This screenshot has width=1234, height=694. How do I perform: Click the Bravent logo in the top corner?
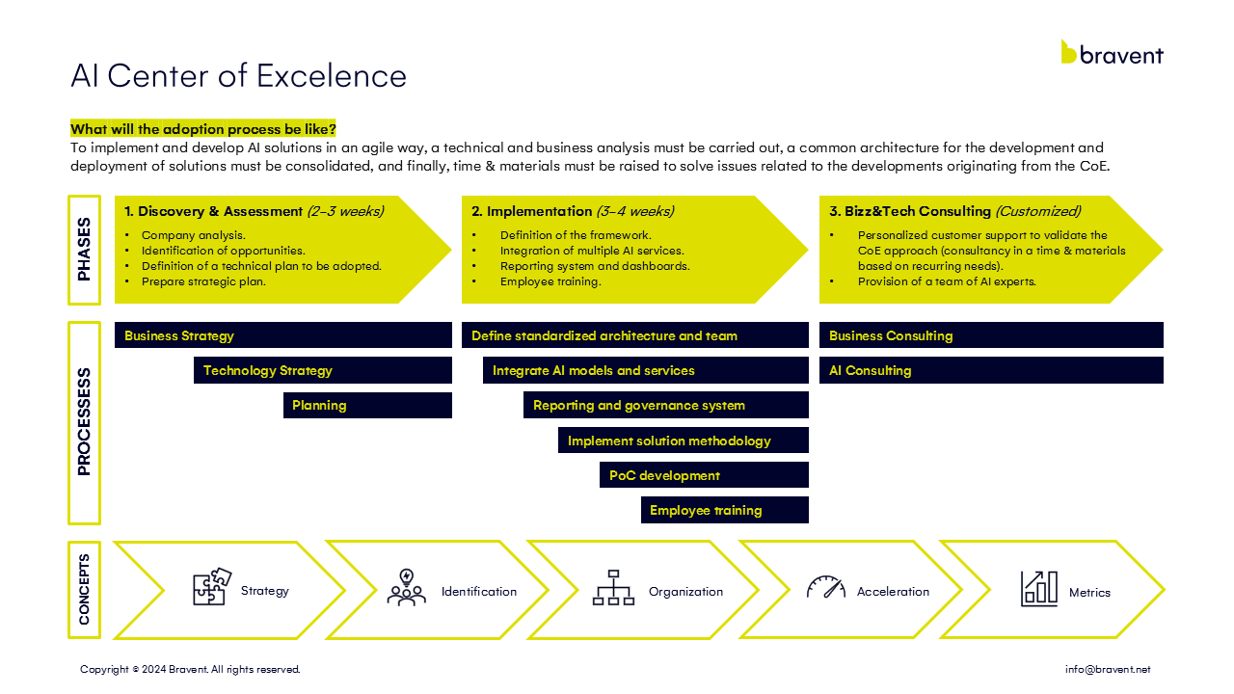(1112, 52)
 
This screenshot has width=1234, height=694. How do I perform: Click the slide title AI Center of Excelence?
(238, 75)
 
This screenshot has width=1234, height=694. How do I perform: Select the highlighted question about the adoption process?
(202, 129)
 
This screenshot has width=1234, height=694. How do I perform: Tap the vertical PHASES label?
(84, 250)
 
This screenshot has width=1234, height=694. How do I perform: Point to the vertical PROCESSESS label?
(84, 422)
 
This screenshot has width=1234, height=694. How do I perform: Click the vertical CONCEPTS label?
(84, 589)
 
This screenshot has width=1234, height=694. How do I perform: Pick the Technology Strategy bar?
(323, 370)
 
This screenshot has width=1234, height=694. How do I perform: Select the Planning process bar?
(367, 406)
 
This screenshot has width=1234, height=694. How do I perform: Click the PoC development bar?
(704, 475)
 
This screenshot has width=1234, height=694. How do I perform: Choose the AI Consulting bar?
(991, 370)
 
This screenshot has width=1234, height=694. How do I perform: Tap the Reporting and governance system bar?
(666, 406)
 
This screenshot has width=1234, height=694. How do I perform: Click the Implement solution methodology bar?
(684, 440)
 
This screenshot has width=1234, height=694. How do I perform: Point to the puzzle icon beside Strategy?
(212, 587)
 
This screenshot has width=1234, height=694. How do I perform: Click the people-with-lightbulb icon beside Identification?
(407, 587)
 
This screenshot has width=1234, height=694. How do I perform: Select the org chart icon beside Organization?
(613, 588)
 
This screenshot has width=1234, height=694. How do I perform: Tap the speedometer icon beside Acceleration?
(826, 587)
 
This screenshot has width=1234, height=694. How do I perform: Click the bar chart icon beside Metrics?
(1039, 589)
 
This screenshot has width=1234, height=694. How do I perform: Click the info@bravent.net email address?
(1108, 669)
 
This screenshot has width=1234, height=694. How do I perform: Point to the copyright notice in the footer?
(190, 669)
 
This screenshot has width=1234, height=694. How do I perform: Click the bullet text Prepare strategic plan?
(203, 281)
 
